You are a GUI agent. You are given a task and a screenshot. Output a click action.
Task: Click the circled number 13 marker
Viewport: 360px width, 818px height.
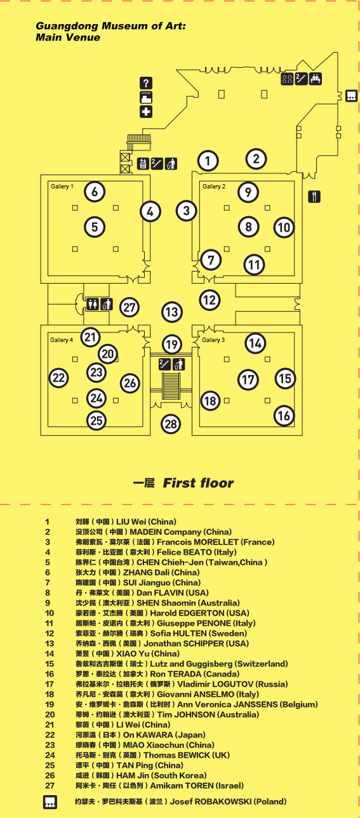(172, 312)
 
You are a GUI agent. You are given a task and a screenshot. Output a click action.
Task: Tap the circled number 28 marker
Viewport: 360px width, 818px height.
(171, 424)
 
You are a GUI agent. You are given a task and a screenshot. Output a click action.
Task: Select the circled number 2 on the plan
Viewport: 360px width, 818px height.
(257, 159)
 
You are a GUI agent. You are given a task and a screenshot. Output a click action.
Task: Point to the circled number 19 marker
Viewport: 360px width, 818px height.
(172, 345)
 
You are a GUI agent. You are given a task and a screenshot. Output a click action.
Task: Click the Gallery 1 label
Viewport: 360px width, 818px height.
(62, 187)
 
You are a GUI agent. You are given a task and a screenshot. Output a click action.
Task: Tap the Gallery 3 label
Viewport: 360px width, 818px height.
(213, 340)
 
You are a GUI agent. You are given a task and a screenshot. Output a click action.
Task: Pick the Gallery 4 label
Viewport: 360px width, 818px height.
(62, 340)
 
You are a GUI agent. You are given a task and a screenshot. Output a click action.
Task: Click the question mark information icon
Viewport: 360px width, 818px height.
(146, 83)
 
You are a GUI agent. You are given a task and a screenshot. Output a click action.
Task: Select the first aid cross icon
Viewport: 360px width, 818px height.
(146, 112)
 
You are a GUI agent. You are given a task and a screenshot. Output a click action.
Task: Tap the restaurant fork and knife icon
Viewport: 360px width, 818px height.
(314, 197)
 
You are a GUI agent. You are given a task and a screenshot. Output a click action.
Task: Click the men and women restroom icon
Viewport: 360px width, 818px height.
(93, 304)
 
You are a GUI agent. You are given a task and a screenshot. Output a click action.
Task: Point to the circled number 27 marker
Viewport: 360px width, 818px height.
(130, 308)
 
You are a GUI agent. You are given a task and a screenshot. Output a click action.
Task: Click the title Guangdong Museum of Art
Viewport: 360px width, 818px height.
(110, 26)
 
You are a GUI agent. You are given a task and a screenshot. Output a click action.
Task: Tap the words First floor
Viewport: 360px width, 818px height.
(198, 483)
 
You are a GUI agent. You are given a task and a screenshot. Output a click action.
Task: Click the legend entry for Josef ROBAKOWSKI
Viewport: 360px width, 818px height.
(180, 802)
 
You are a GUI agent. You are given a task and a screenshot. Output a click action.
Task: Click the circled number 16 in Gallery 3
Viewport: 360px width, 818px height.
(284, 416)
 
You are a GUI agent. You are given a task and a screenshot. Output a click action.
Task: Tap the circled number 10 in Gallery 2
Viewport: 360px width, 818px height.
(284, 228)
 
